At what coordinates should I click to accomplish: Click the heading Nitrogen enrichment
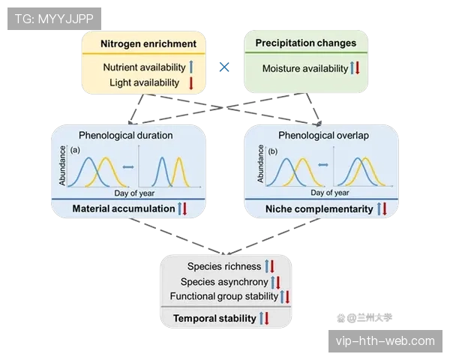[148, 44]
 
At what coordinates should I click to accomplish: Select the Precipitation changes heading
[306, 43]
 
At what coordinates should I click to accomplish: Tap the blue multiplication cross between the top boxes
[224, 67]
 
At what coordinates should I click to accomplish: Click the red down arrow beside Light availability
[190, 83]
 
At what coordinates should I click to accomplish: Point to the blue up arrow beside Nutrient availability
[191, 67]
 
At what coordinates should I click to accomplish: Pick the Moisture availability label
[305, 68]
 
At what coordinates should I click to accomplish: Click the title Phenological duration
[126, 135]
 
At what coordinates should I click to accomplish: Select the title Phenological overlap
[324, 135]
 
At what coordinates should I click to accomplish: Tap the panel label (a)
[75, 150]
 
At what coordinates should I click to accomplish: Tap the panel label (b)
[273, 151]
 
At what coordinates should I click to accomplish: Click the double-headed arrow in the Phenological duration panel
[128, 166]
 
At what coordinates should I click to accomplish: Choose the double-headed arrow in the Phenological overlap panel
[323, 165]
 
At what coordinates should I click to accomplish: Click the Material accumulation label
[124, 208]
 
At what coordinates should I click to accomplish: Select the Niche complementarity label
[319, 209]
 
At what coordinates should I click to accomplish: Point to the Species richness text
[224, 266]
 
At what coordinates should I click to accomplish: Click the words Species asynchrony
[224, 282]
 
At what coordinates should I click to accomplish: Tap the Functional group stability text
[224, 296]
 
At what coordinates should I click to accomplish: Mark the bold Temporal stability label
[214, 318]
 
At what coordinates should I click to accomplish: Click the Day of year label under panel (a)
[134, 193]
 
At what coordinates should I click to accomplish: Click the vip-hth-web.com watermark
[385, 341]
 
